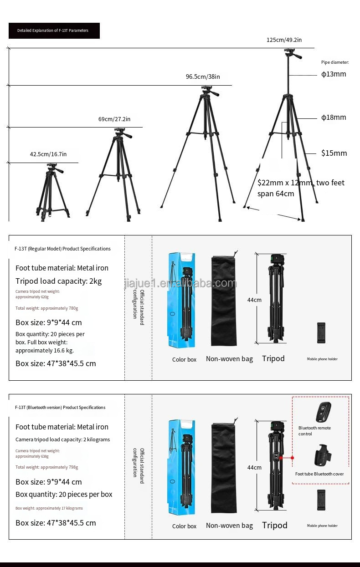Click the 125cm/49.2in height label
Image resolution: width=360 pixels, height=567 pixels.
pos(284,40)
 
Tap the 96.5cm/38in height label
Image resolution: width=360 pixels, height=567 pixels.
pos(202,77)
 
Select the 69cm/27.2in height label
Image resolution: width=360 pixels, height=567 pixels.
pos(114,119)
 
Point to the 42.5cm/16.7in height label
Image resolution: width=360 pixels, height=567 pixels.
pos(48,154)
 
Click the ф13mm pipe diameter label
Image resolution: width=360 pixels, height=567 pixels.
pos(334,74)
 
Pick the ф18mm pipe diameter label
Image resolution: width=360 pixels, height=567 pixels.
pos(334,117)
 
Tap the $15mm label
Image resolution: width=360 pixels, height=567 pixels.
pos(334,153)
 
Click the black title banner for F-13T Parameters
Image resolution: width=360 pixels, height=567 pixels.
pos(54,31)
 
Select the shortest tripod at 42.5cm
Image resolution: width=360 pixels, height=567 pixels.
pos(52,194)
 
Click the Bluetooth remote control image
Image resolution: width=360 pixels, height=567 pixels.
pos(323,412)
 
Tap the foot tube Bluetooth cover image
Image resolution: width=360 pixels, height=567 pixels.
pos(323,455)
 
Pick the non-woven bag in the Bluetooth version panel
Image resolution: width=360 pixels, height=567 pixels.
pos(224,469)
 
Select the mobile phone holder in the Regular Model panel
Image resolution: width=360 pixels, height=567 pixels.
pos(322,334)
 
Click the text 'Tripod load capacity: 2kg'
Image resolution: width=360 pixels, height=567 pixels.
pos(59,281)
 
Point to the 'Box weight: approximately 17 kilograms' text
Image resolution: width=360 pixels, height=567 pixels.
pos(49,508)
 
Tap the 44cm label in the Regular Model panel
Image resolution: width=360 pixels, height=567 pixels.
pos(254,300)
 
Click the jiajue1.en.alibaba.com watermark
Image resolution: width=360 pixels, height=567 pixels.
pos(180,284)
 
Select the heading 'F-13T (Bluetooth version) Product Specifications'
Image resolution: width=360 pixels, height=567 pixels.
pos(60,408)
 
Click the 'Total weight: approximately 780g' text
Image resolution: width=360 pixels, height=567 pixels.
pos(47,308)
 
